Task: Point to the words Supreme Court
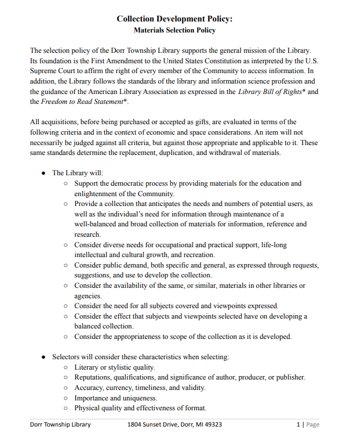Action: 53,71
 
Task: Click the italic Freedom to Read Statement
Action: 82,102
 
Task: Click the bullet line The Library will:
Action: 78,173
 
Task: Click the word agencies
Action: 88,296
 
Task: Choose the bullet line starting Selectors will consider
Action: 140,356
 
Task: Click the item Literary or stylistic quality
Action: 114,367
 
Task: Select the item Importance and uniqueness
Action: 115,398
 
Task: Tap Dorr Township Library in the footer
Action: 60,425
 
